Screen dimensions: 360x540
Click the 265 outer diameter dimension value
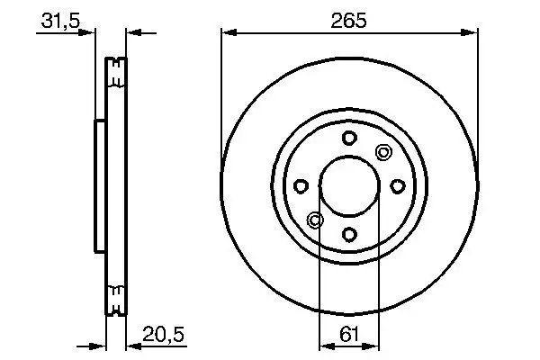click(x=348, y=20)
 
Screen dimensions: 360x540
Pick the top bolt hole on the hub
click(x=348, y=138)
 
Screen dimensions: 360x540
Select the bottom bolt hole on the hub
click(x=348, y=234)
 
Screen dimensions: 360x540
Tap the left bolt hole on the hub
click(x=301, y=186)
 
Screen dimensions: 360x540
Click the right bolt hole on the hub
click(x=397, y=186)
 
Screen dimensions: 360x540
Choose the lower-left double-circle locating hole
click(x=314, y=220)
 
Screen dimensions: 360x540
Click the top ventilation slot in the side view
click(x=116, y=76)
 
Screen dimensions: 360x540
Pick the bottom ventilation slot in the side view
click(x=116, y=293)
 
